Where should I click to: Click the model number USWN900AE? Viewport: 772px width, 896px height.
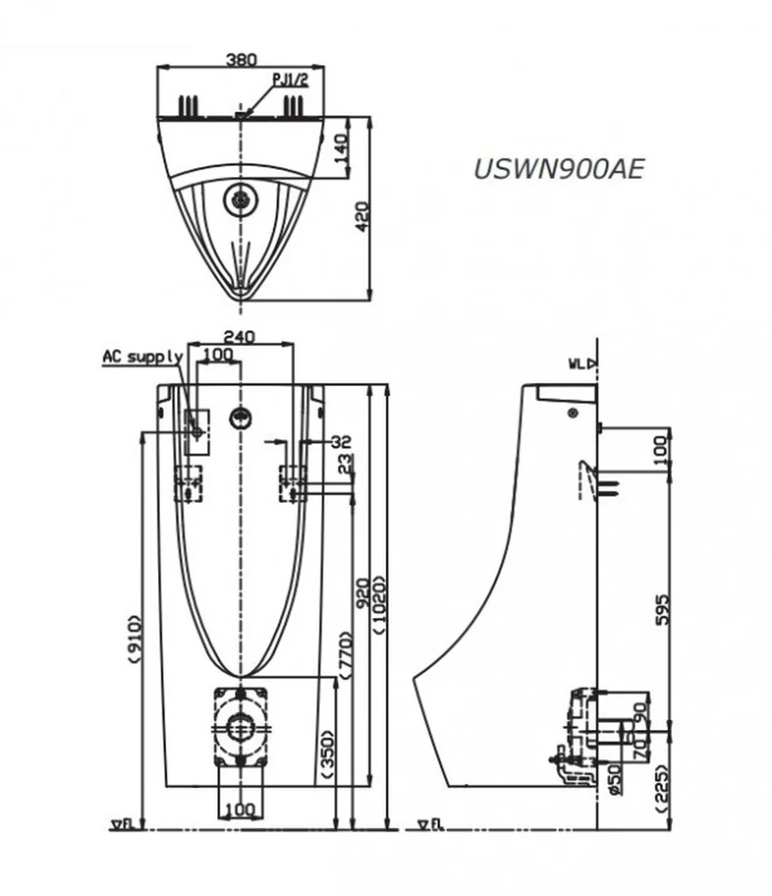[559, 169]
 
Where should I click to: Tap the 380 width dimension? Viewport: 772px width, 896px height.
[242, 59]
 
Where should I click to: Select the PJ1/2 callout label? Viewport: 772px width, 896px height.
[291, 80]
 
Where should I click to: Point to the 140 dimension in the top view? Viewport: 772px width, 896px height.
[341, 147]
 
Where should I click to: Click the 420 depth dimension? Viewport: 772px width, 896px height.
[362, 216]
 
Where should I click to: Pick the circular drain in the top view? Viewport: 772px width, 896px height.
[241, 199]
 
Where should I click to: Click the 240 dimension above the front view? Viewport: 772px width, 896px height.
[239, 337]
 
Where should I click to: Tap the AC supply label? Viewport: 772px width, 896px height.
[143, 357]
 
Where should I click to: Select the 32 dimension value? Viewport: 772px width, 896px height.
[341, 441]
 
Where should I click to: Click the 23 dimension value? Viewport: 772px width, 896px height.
[344, 463]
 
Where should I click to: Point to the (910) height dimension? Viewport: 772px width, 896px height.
[134, 638]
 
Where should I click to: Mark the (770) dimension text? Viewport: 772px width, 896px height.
[345, 655]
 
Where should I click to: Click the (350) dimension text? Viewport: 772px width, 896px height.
[328, 754]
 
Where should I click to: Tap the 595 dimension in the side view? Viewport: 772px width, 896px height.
[661, 609]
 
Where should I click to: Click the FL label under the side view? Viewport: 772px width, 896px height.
[430, 824]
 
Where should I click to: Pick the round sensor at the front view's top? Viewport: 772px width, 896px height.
[241, 418]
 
